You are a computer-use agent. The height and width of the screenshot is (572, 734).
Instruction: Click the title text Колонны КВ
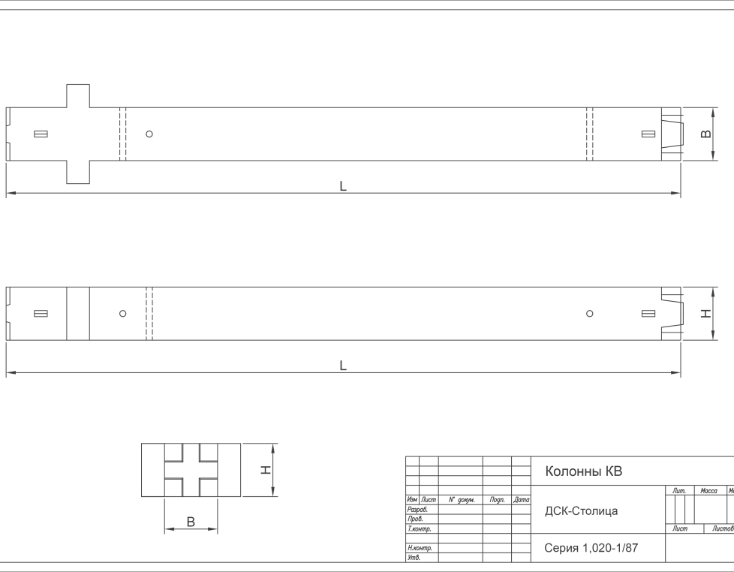pos(583,471)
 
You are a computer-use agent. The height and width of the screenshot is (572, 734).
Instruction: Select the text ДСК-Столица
pos(581,511)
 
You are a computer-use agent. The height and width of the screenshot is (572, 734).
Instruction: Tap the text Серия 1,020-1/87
pos(591,548)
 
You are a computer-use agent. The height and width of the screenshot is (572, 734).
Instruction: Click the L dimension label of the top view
pos(343,186)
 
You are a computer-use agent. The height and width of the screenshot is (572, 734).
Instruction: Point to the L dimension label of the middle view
pos(343,366)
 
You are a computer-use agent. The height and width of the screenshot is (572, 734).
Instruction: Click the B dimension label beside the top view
pos(706,134)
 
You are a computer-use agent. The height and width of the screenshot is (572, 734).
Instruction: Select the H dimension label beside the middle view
pos(706,314)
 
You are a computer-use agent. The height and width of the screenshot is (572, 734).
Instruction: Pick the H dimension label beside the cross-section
pos(266,469)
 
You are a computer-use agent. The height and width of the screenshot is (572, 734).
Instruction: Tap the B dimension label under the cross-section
pos(191,522)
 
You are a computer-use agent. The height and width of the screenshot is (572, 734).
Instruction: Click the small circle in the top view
pos(149,134)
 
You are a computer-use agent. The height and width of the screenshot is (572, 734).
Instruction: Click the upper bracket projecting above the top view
pos(78,96)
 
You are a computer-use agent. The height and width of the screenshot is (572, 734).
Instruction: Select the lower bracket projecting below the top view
pos(78,172)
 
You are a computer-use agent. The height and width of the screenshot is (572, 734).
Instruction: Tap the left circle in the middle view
pos(122,314)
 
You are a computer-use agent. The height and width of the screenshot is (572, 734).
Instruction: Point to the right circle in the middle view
pos(590,314)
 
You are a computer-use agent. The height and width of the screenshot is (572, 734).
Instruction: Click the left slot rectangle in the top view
pos(41,134)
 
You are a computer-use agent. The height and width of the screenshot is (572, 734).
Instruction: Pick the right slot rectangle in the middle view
pos(648,314)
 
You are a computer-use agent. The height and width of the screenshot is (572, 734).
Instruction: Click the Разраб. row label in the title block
pos(417,509)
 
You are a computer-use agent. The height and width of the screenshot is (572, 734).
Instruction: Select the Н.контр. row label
pos(420,548)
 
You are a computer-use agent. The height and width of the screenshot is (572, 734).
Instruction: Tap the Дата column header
pos(522,500)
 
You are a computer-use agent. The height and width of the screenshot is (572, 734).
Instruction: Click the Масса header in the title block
pos(708,490)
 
